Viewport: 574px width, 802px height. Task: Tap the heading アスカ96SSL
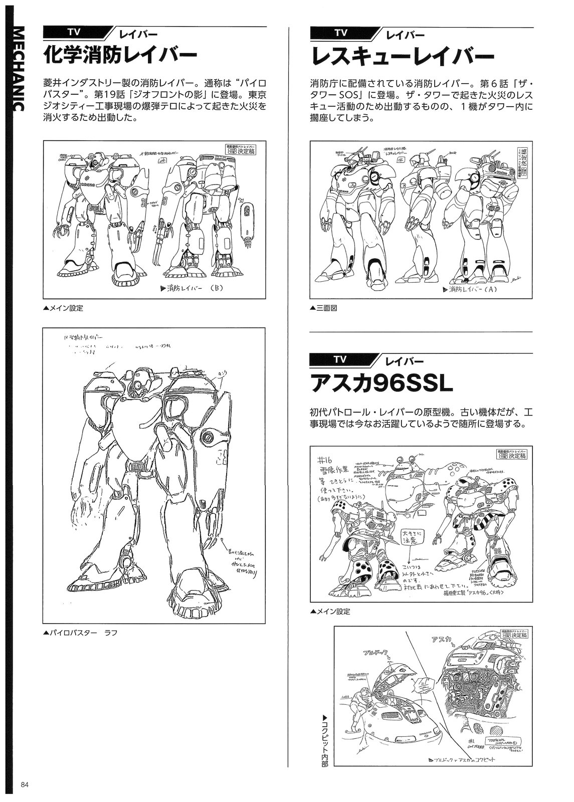coord(381,383)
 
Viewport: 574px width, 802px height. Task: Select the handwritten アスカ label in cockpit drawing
coord(440,639)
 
